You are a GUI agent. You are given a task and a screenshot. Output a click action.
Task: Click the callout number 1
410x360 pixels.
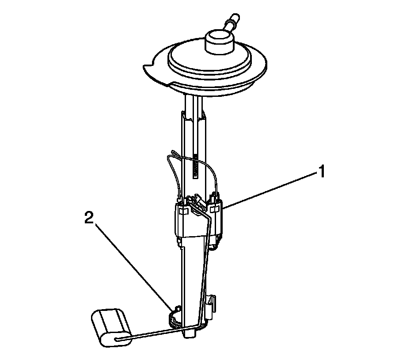[x=321, y=172]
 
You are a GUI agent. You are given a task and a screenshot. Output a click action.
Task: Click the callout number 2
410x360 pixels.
[x=89, y=218]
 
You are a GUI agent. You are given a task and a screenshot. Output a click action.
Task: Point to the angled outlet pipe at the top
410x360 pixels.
[x=232, y=23]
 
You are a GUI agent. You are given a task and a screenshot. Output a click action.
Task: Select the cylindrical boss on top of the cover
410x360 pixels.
[x=219, y=42]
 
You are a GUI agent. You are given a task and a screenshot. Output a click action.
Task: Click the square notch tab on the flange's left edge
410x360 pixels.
[x=147, y=69]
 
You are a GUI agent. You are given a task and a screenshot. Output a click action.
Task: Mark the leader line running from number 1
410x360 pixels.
[x=271, y=190]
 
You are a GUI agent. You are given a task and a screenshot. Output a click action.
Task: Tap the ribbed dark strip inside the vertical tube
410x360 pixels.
[x=195, y=168]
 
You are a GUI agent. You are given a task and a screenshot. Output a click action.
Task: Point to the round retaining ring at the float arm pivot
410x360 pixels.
[x=173, y=318]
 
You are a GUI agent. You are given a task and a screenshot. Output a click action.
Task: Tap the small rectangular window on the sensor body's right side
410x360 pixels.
[x=214, y=208]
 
